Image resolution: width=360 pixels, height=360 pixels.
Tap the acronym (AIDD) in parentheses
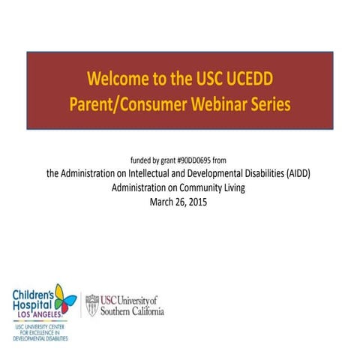pyautogui.click(x=298, y=173)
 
